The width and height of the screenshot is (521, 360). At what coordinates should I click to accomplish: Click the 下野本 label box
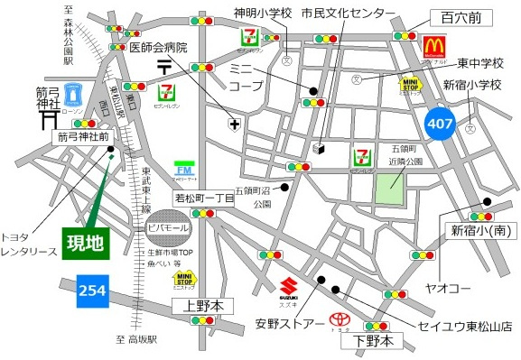pos(373,341)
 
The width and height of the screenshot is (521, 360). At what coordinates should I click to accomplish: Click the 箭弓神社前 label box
pos(83,136)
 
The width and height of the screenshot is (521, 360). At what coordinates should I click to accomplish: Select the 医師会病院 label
pos(159,47)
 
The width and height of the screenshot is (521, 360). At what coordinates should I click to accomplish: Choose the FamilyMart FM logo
pos(184,170)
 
